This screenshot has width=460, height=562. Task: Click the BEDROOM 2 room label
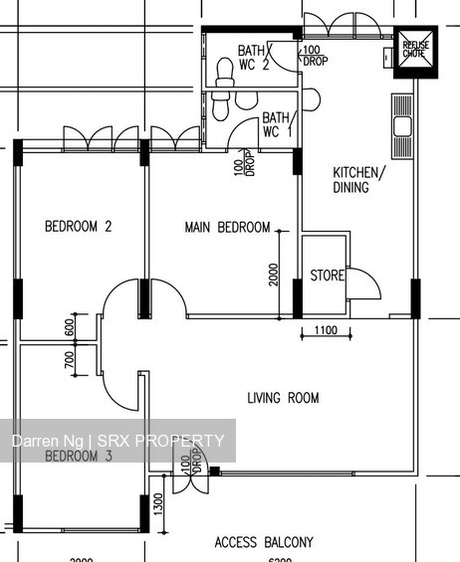(x=78, y=227)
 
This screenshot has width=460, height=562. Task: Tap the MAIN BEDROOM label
(x=227, y=228)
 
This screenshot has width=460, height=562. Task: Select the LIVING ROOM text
(x=283, y=398)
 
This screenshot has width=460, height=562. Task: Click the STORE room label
(x=327, y=276)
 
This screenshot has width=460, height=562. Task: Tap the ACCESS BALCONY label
(x=264, y=542)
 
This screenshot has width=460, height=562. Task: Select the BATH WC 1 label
(x=276, y=123)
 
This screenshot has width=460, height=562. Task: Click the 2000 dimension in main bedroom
(x=274, y=274)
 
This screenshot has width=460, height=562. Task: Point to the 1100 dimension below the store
(x=326, y=330)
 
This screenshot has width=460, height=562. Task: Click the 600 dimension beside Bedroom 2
(x=70, y=327)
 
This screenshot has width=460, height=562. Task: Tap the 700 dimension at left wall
(x=70, y=360)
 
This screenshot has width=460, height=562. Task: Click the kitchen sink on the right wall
(x=402, y=123)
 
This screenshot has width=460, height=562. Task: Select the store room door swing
(x=364, y=285)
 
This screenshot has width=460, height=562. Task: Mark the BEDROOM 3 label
(x=78, y=457)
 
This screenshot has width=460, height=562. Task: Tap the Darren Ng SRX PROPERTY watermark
(x=117, y=441)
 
